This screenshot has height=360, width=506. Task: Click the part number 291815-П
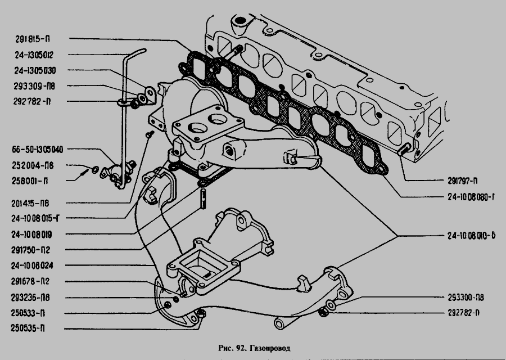[x=33, y=39]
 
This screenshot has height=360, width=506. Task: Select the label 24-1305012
[x=34, y=55]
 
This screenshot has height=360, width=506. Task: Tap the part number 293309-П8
[x=34, y=86]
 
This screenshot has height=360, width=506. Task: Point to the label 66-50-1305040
[x=38, y=150]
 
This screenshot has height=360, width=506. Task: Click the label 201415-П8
[x=30, y=204]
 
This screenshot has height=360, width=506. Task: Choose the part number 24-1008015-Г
[x=35, y=218]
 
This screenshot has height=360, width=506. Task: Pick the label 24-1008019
[x=31, y=235]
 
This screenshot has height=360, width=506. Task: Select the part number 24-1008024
[x=32, y=265]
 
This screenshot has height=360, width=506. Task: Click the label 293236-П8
[x=30, y=297]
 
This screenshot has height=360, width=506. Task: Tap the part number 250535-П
[x=28, y=328]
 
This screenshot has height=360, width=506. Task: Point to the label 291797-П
[x=463, y=181]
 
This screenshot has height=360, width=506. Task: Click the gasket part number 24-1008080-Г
[x=471, y=197]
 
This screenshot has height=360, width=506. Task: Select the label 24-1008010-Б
[x=471, y=236]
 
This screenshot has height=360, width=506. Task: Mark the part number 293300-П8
[x=466, y=298]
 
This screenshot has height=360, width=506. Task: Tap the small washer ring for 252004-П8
[x=96, y=169]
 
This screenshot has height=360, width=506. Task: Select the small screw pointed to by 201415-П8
[x=150, y=134]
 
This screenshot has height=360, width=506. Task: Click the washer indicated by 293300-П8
[x=331, y=304]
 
